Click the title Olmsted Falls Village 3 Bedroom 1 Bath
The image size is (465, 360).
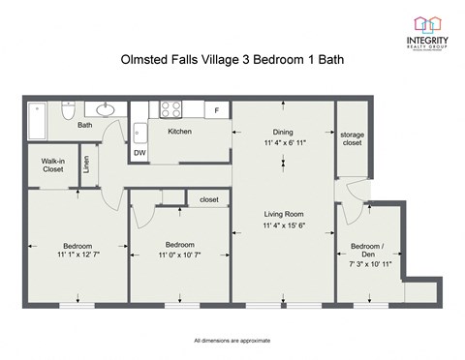tap(232, 60)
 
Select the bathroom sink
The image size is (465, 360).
tap(106, 108)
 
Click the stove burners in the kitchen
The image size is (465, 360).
tap(172, 108)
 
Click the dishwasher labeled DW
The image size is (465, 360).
tap(139, 152)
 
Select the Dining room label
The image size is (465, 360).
tap(283, 132)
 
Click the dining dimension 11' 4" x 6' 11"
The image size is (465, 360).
tap(283, 143)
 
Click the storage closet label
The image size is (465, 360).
tap(351, 137)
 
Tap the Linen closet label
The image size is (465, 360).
tap(86, 165)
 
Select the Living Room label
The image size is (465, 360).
tap(284, 214)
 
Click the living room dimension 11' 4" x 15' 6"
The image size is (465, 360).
tap(284, 225)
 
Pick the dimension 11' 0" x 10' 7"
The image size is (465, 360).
tap(180, 255)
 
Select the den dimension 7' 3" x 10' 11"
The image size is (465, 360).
tap(372, 263)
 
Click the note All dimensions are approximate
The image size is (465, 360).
tap(232, 342)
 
